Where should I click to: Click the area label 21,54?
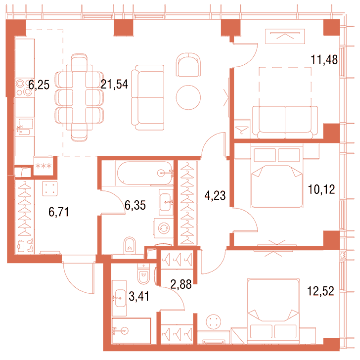pos(114,84)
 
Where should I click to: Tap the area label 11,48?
pos(324,60)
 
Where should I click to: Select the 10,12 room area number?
pos(321,190)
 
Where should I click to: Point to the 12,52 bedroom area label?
pos(320,291)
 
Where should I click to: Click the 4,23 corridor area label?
pos(215,196)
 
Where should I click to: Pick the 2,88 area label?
pos(181,284)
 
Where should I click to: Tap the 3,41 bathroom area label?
pos(139,296)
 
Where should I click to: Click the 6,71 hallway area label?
pos(59,212)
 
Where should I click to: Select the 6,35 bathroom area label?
pos(135,205)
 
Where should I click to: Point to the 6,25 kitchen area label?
pos(39,85)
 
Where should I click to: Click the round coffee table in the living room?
pos(188,97)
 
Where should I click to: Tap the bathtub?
pos(144,173)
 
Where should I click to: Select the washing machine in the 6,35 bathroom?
pos(164,228)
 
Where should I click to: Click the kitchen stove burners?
pos(24,87)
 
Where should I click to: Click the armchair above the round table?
pos(188,65)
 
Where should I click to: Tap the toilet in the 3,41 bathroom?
pos(144,273)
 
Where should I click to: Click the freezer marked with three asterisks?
pos(43,166)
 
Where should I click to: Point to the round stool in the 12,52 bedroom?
pos(214,322)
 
